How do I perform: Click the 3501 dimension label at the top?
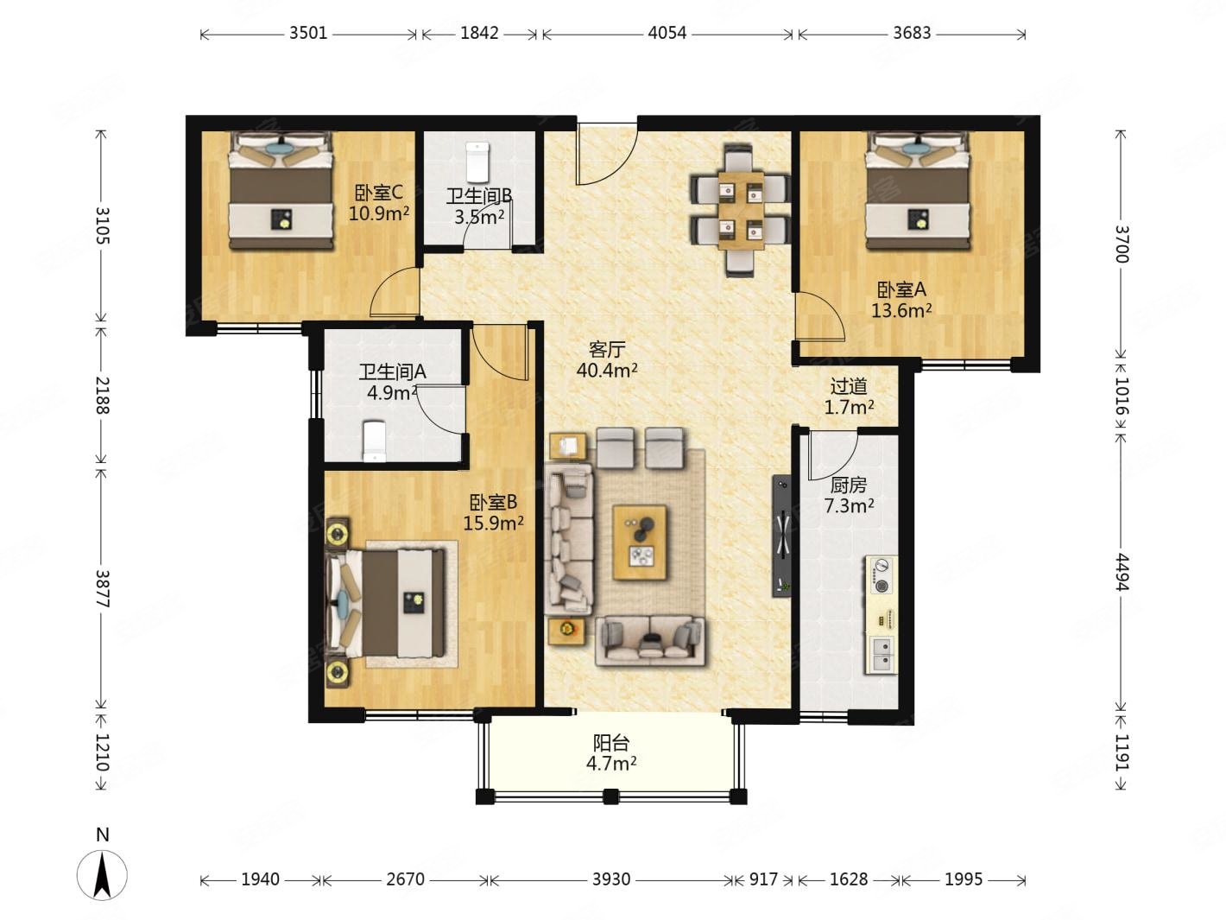(307, 33)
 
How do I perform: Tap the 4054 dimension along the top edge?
(667, 33)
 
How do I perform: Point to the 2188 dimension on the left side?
(103, 395)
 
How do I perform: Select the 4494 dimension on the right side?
(1121, 572)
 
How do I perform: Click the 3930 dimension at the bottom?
(611, 879)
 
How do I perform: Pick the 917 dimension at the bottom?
(763, 879)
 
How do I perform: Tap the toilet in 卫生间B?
(477, 162)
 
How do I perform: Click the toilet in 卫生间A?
(374, 441)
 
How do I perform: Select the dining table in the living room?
(741, 210)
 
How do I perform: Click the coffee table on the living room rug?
(640, 542)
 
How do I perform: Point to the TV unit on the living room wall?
(781, 536)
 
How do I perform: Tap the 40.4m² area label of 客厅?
(607, 370)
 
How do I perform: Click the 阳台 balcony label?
(611, 742)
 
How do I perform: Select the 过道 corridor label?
(849, 385)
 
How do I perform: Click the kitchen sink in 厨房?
(882, 654)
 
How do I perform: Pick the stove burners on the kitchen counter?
(882, 574)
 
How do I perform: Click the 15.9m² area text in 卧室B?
(493, 523)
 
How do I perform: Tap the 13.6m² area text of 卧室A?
(901, 310)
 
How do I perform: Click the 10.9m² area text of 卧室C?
(379, 213)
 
